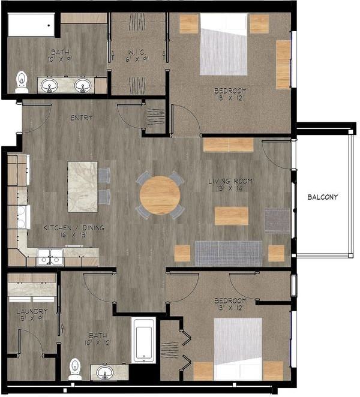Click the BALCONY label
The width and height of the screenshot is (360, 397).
click(322, 197)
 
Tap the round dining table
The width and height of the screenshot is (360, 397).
click(160, 195)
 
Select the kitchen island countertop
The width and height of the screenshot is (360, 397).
click(82, 186)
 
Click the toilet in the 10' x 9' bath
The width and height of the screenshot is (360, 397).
click(22, 82)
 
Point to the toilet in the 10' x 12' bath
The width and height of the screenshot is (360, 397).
click(75, 369)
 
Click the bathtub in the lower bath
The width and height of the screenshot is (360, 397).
click(143, 341)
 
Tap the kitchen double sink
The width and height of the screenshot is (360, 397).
click(50, 257)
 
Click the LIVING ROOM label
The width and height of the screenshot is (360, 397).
click(230, 181)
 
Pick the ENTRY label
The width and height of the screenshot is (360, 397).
click(81, 118)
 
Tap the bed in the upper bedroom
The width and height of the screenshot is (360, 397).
click(223, 44)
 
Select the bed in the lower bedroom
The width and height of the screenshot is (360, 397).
click(238, 348)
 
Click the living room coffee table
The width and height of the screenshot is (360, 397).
click(231, 216)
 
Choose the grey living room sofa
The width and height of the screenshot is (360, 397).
click(228, 253)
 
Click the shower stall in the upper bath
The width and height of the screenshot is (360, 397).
click(31, 26)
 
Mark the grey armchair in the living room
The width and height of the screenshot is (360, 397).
click(277, 220)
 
